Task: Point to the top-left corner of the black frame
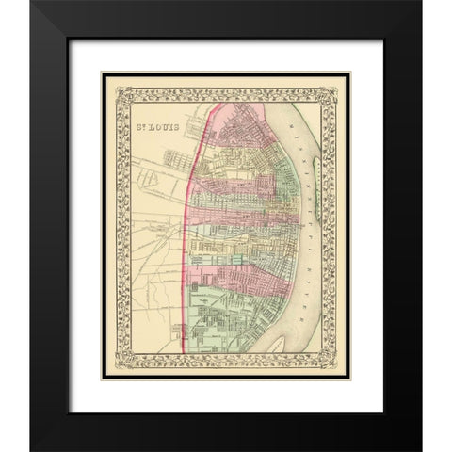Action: [x=32, y=3]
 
